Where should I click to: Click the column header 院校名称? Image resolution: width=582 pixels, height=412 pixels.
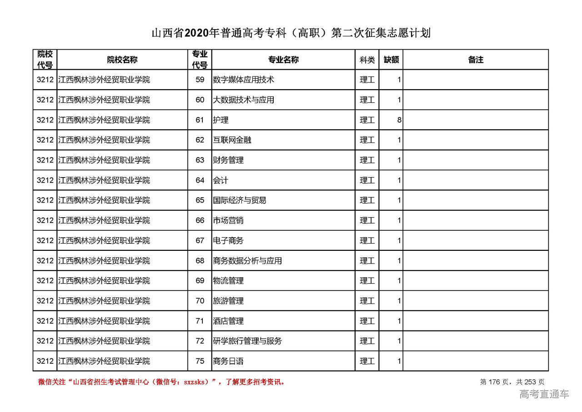coord(122,60)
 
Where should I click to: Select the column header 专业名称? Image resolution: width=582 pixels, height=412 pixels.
coord(283,60)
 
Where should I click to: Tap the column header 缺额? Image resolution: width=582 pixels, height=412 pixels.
coord(391,60)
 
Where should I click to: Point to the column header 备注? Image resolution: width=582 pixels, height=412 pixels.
coord(476,60)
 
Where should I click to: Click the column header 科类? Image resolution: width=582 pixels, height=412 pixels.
coord(367,60)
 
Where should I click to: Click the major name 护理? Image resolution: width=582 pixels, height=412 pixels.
coord(221,120)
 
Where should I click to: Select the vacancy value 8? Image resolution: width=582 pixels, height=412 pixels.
coord(399,120)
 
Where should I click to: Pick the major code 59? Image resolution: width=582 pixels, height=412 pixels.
coord(200,80)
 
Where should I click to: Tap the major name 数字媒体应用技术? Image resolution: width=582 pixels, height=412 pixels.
coord(243,80)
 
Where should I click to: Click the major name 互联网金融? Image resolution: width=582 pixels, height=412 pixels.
coord(232,140)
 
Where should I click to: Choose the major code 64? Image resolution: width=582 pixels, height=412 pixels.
coord(200,180)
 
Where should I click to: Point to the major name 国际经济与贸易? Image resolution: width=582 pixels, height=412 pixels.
coord(240,200)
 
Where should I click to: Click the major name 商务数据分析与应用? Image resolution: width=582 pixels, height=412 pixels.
coord(247,261)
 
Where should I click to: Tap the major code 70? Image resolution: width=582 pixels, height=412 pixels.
coord(200,301)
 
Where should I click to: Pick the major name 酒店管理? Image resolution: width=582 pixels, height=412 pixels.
coord(228,321)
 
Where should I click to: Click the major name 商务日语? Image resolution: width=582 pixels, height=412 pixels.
coord(228,361)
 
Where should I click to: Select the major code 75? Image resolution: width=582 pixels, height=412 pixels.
coord(200,361)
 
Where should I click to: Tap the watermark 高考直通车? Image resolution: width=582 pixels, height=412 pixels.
coord(544,394)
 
